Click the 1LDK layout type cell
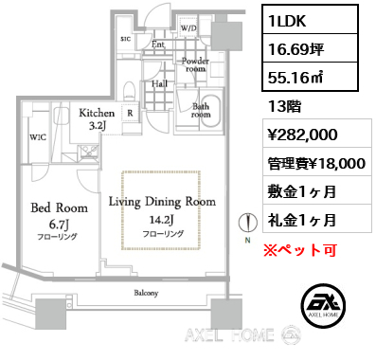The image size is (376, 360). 310,20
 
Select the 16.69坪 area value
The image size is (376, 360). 310,48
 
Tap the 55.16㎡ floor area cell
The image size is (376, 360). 310,77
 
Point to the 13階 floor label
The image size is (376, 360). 284,106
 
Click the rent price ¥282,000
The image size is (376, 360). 317,133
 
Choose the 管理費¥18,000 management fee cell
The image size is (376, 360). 317,162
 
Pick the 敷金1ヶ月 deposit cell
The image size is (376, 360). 317,190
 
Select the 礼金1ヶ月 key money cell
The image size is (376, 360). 317,219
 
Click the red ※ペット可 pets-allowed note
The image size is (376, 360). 300,250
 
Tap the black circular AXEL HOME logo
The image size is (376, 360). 323,305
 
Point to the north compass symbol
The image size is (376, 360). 247,223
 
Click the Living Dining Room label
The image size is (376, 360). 162,202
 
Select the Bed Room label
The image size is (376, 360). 59,207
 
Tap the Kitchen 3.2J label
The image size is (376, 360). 97,118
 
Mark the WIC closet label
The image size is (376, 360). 38,137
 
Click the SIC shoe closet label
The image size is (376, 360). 126,39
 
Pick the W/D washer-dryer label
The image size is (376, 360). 188,28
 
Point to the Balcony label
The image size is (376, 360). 146,293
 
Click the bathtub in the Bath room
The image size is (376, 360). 211,111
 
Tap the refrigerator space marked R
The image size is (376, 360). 130,113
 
